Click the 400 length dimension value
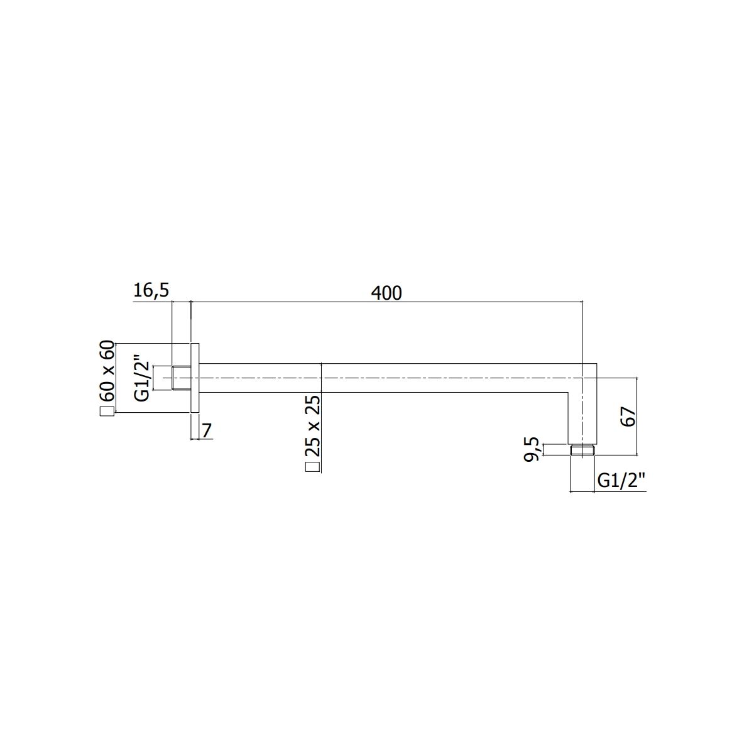[x=386, y=293]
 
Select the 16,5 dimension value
[x=151, y=291]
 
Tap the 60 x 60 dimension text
[x=107, y=371]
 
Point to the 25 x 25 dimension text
[x=312, y=426]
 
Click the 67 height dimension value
[x=628, y=417]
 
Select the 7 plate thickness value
[x=207, y=430]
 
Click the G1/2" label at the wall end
[x=141, y=378]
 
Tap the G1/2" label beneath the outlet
[x=621, y=480]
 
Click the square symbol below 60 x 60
[x=107, y=412]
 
